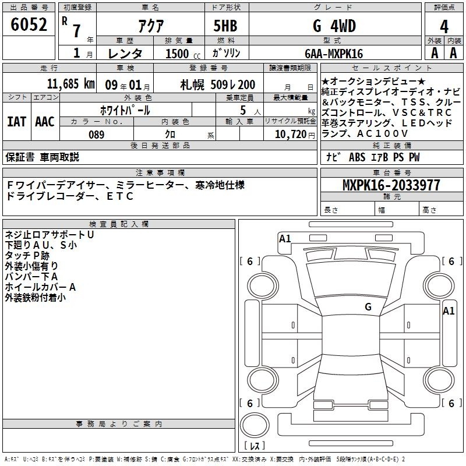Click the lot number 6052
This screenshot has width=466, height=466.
[x=29, y=24]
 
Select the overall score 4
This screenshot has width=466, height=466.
[x=444, y=27]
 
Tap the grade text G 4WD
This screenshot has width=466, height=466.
[x=334, y=26]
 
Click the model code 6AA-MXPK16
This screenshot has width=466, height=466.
[x=334, y=54]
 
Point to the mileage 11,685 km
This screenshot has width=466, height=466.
[x=71, y=84]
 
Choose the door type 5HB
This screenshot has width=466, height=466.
[x=225, y=26]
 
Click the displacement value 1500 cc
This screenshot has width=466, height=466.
[x=183, y=54]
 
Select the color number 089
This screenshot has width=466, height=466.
[x=97, y=135]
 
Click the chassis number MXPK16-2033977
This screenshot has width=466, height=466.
[x=391, y=185]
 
